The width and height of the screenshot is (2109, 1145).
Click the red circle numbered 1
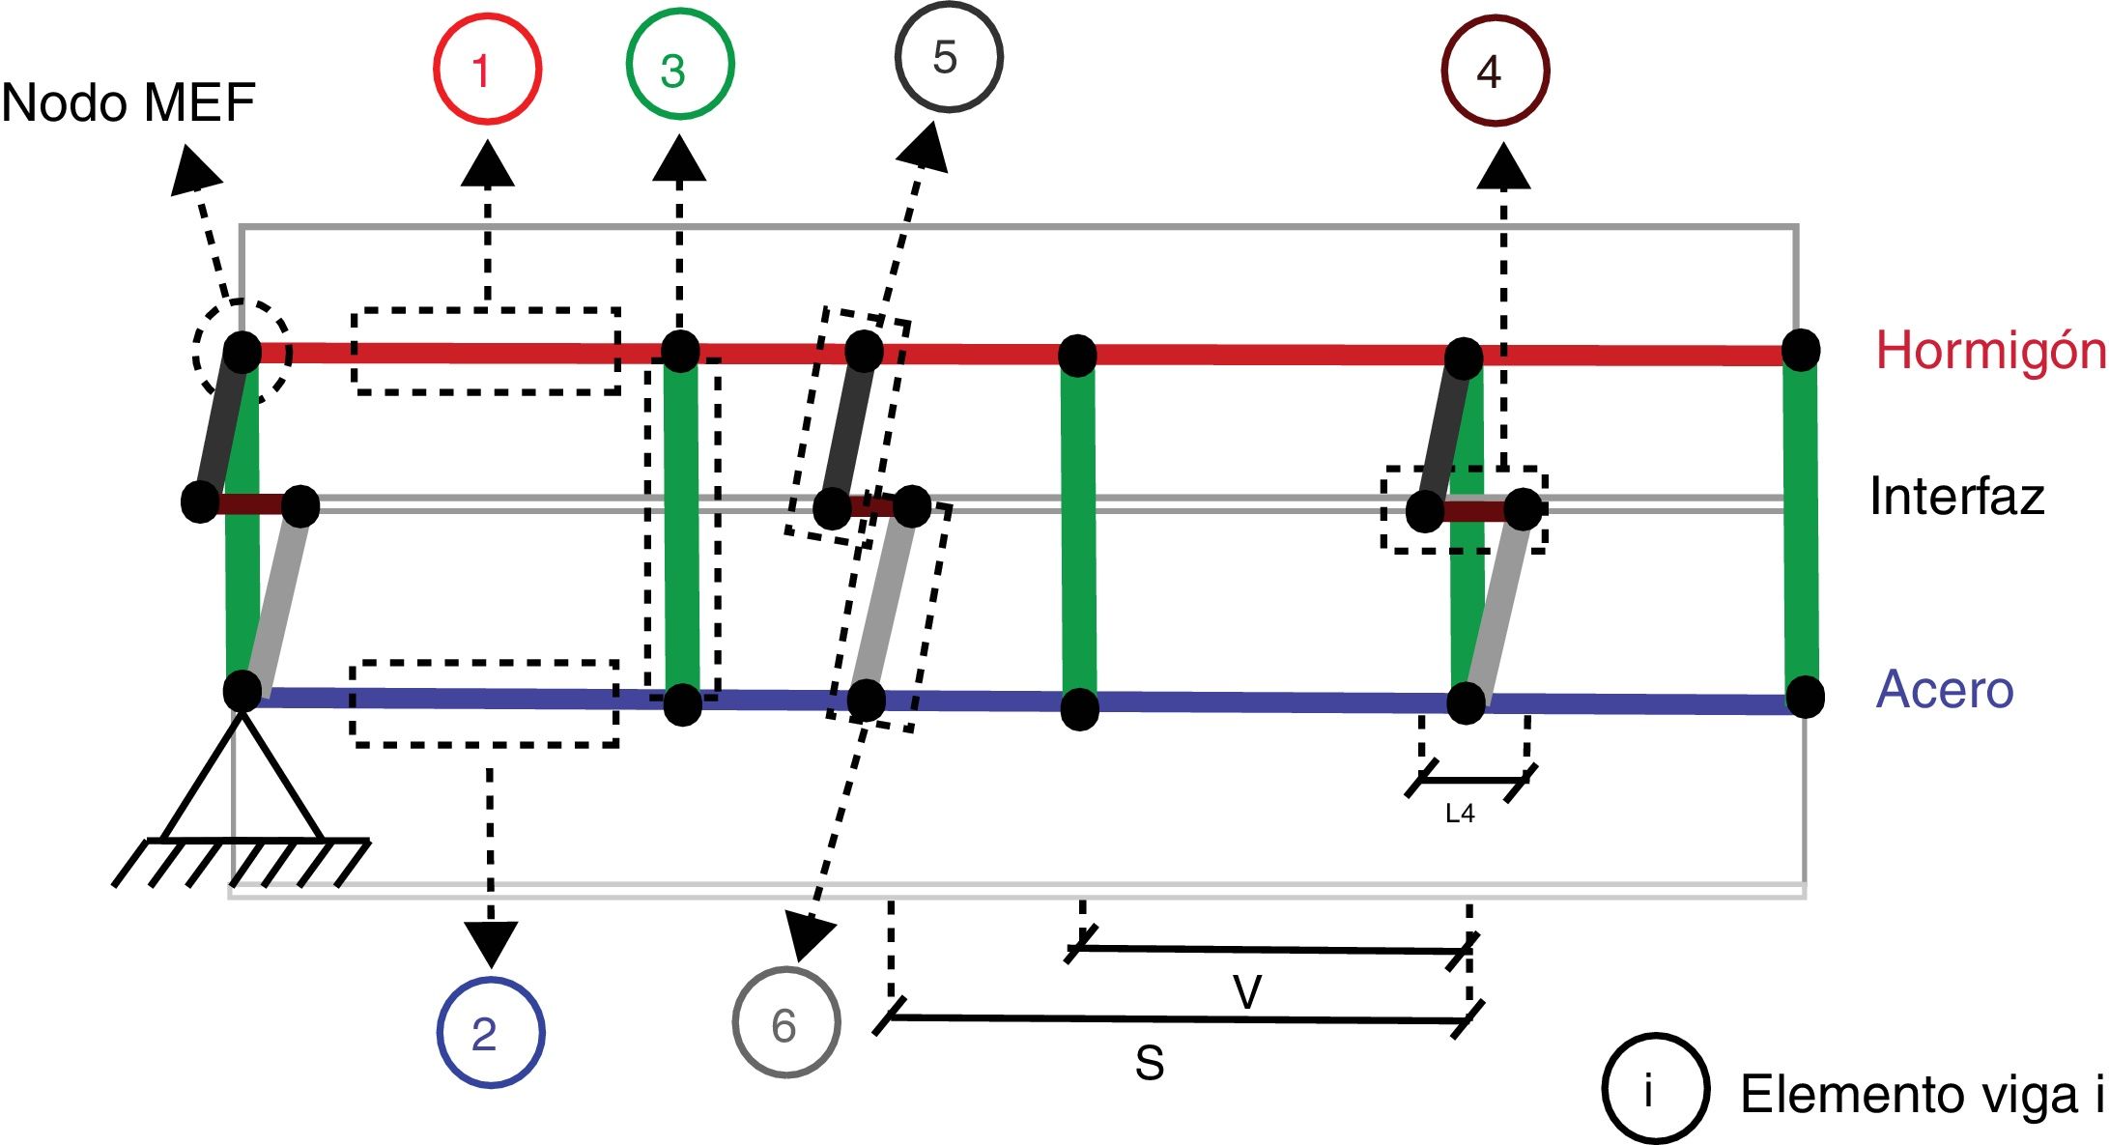click(x=487, y=70)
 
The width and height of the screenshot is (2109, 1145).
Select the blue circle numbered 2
click(x=491, y=1033)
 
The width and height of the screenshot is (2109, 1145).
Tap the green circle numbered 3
click(x=680, y=66)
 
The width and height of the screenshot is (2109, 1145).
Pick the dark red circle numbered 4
click(x=1496, y=70)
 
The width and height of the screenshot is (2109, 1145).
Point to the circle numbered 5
click(x=949, y=57)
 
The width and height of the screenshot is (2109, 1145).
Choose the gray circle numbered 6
click(x=786, y=1022)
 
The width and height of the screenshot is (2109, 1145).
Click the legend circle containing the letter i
click(x=1655, y=1089)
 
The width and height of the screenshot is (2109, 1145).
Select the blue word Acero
click(x=1944, y=690)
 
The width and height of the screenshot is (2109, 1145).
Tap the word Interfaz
click(x=1956, y=497)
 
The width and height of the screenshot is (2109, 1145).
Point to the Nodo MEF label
click(x=128, y=103)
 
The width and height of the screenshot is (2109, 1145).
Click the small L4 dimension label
click(x=1460, y=814)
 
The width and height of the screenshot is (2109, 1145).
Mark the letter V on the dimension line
click(x=1247, y=991)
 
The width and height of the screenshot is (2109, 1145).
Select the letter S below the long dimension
click(x=1150, y=1064)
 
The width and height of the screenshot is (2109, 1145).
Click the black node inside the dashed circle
click(x=242, y=352)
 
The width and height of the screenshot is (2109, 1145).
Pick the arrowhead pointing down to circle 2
click(x=491, y=941)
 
